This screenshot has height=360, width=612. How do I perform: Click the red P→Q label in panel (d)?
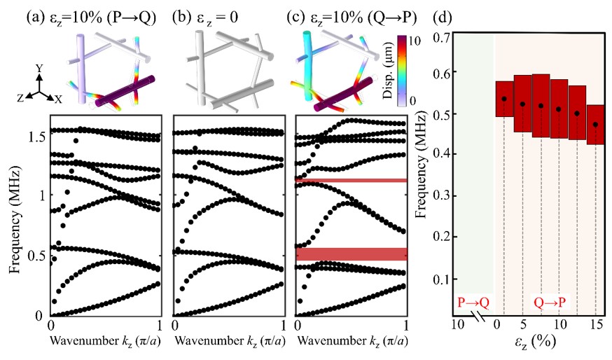473,302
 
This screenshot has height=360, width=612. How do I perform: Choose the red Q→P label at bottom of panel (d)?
550,302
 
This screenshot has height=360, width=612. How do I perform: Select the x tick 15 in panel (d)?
596,325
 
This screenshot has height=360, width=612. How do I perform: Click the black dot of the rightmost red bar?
595,125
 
